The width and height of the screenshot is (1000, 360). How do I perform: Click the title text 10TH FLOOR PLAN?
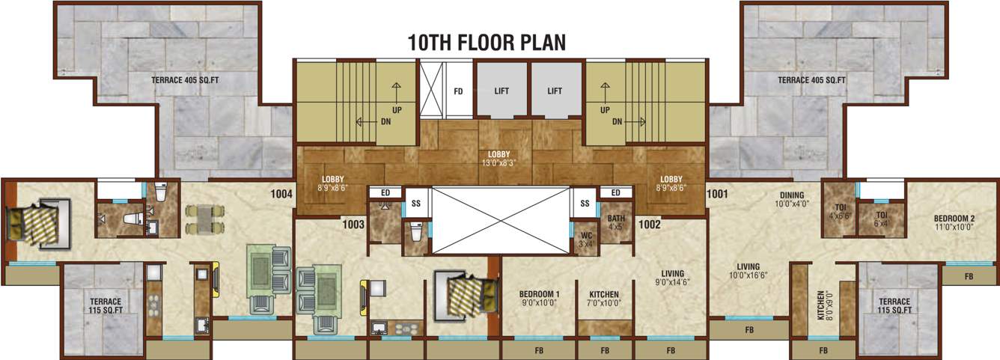click(487, 42)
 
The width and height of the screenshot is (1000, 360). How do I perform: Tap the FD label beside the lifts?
click(458, 91)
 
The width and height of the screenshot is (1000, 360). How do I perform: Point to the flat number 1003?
click(353, 224)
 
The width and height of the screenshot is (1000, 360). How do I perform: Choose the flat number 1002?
click(648, 224)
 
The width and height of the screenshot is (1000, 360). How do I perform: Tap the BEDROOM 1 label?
click(539, 299)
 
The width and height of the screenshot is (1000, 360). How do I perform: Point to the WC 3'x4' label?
click(586, 238)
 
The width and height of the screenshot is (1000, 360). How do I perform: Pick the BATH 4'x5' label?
click(616, 223)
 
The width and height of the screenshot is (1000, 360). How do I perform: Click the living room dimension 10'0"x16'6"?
click(748, 275)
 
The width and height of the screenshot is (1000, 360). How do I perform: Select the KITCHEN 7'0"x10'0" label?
click(603, 299)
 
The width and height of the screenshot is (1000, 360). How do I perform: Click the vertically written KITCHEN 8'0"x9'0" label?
click(823, 305)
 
